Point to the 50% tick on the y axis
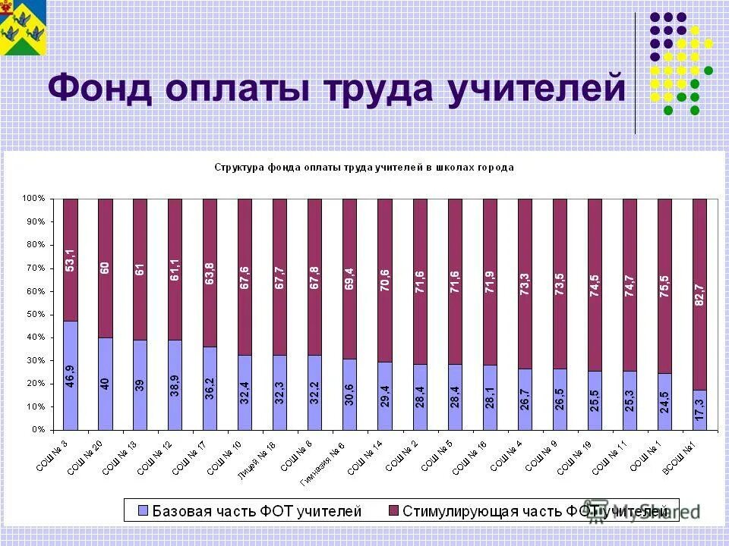tap(35, 314)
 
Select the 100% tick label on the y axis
tap(33, 199)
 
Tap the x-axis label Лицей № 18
tap(261, 456)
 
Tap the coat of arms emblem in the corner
tap(24, 28)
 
